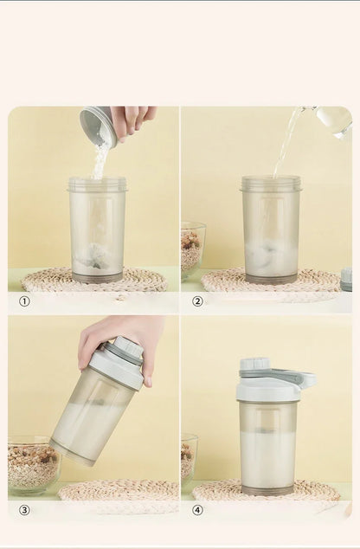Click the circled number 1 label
(x=24, y=301)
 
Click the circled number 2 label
(x=197, y=301)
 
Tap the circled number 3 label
(x=24, y=510)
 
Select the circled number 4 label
(x=197, y=510)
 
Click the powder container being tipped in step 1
(x=98, y=126)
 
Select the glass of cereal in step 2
(x=192, y=249)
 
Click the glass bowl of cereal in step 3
(x=33, y=465)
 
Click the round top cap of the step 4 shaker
(x=254, y=365)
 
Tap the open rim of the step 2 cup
(x=271, y=183)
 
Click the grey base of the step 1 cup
(x=97, y=277)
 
